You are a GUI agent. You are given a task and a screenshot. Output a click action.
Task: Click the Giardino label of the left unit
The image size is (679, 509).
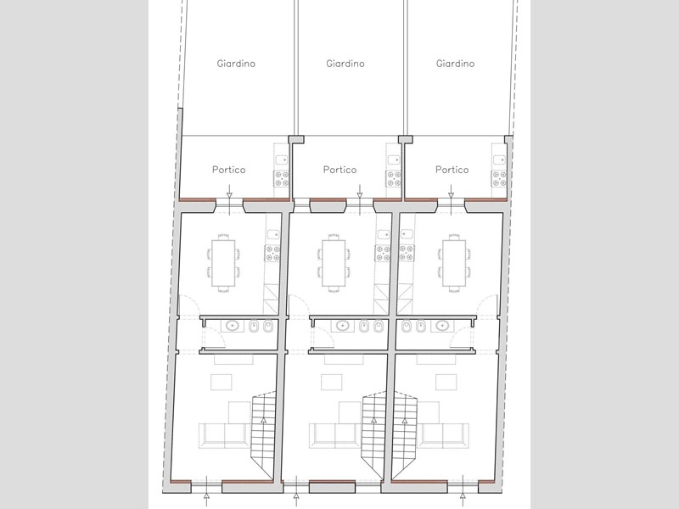pos(236,64)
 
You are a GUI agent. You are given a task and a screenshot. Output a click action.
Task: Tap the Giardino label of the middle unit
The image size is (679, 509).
pos(345,64)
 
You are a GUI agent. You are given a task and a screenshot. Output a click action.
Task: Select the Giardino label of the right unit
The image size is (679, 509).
pos(455,64)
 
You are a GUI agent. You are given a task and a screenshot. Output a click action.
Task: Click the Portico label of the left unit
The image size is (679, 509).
pos(228,170)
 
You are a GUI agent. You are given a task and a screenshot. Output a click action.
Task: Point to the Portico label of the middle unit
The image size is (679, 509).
pos(340,170)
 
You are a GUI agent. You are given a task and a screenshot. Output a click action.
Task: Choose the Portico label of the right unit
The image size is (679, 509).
pos(452,170)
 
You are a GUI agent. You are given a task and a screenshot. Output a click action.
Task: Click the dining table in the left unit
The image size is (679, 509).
pos(223,263)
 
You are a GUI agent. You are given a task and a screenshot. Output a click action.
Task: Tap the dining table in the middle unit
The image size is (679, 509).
pos(334,263)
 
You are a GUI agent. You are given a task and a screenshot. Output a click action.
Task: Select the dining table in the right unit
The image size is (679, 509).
pos(454,263)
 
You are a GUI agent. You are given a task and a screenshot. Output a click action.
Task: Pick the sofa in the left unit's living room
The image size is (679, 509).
pos(224,435)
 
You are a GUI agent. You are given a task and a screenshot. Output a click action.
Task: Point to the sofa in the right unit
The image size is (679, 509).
pos(442,435)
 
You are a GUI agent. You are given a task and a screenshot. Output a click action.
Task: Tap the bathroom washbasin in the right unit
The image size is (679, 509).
pos(442,326)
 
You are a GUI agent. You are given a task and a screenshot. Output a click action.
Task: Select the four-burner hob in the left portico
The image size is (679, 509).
pos(282,179)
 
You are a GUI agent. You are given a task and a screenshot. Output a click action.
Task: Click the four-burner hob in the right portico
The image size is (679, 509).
pos(499,179)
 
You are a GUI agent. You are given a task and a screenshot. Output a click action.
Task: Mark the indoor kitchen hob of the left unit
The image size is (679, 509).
pos(272,253)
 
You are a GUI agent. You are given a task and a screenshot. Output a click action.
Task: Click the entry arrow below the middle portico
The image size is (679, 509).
pos(359,193)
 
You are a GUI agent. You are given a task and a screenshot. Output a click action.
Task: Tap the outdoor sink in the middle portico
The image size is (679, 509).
pos(394,159)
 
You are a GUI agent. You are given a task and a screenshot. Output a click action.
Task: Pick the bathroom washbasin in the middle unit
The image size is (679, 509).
pos(343,326)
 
